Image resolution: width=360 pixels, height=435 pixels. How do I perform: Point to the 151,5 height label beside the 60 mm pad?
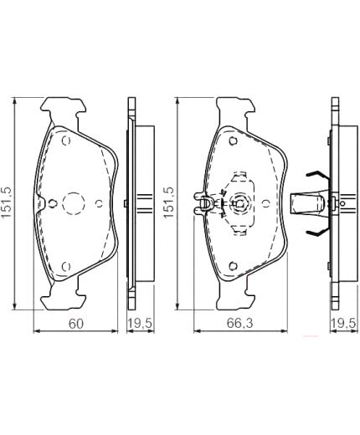[x=8, y=201]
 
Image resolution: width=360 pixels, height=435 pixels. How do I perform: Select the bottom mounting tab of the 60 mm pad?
[x=66, y=295]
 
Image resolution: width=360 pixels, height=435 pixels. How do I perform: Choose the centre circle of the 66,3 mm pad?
[x=240, y=202]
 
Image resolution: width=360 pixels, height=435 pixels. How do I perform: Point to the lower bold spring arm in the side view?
[x=316, y=228]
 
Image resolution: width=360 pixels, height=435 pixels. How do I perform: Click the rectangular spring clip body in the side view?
[x=307, y=202]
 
